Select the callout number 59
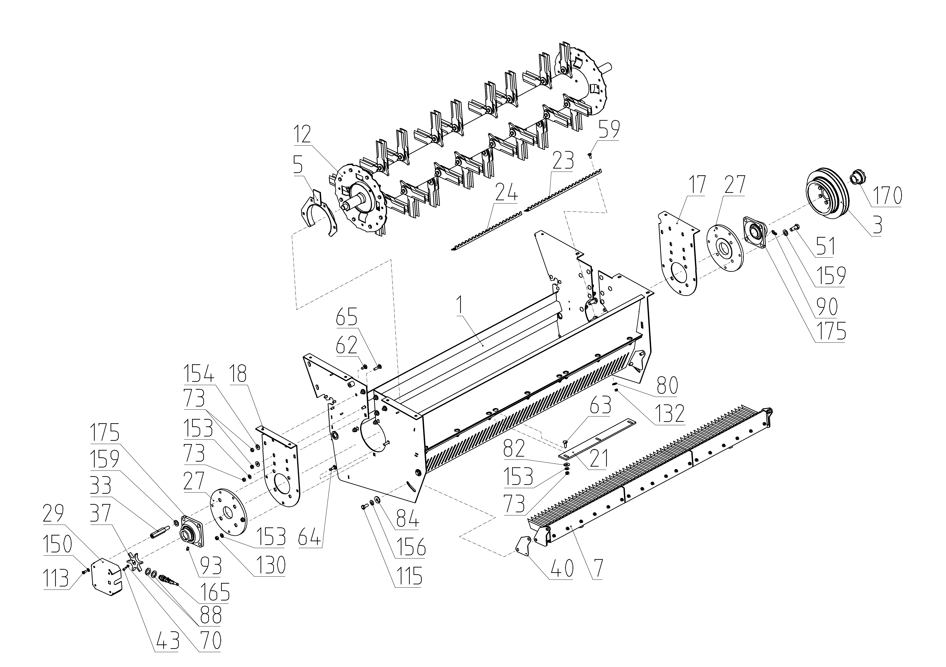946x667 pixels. pos(609,130)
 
